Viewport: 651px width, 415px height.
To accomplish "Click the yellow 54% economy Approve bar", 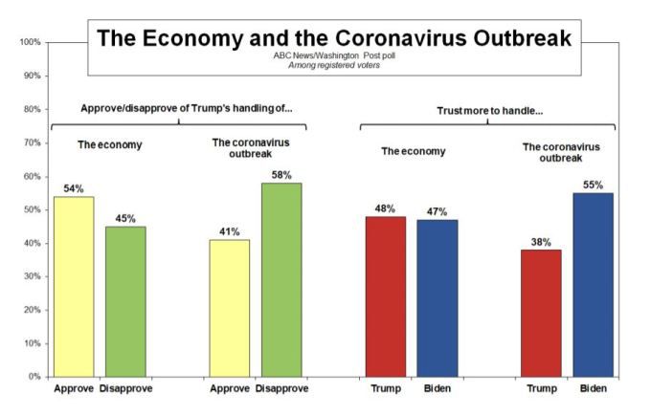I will [74, 286].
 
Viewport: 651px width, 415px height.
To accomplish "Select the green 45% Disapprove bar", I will [125, 301].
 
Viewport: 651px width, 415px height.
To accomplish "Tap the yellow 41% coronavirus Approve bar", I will [230, 308].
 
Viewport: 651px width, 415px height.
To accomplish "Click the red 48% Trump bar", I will [386, 296].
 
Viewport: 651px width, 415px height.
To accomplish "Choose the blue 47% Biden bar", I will [438, 297].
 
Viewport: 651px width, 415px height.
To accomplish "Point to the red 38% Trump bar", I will [542, 313].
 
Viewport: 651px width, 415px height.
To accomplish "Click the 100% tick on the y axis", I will [29, 42].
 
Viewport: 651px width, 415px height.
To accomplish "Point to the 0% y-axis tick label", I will [33, 377].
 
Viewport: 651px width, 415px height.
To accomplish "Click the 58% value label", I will [281, 175].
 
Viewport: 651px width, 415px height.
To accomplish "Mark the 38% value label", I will [542, 242].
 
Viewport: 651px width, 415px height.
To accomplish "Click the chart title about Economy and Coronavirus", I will [334, 38].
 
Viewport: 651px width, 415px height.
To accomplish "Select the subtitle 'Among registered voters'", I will [334, 65].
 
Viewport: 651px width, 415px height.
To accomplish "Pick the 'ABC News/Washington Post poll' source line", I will [334, 56].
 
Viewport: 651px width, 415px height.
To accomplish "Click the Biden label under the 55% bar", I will [594, 389].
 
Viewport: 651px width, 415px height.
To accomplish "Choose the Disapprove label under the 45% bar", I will [125, 389].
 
